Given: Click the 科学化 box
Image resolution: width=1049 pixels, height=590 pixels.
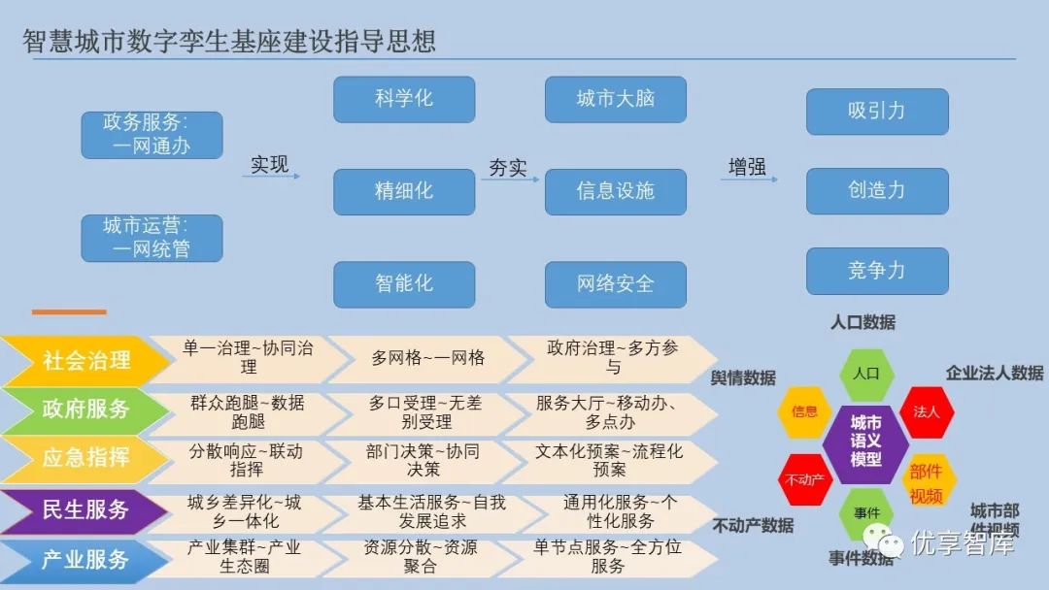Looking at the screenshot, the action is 404,99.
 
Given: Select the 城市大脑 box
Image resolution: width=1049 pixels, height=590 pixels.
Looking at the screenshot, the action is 615,99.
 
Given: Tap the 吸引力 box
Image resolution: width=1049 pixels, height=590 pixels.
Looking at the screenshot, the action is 876,111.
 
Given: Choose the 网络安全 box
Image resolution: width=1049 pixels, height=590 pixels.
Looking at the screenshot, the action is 615,284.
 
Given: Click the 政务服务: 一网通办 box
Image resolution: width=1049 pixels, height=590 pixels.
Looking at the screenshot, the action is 152,135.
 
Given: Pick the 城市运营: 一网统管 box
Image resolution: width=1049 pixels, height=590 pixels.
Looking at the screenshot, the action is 152,238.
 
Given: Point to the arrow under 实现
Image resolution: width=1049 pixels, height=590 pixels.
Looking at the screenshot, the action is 271,177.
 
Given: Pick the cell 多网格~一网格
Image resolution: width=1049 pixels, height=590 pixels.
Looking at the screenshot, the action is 427,358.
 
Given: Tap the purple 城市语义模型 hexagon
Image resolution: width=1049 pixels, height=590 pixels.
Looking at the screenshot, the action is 865,442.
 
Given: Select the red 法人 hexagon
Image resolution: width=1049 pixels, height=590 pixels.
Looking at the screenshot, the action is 927,411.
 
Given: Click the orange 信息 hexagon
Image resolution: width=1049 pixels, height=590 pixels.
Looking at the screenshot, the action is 804,411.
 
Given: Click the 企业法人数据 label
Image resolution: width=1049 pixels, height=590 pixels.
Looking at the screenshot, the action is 994,373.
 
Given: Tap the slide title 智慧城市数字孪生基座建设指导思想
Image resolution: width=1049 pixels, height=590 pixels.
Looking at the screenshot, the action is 229,41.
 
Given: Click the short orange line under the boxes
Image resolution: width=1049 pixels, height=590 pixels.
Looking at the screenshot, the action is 68,311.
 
